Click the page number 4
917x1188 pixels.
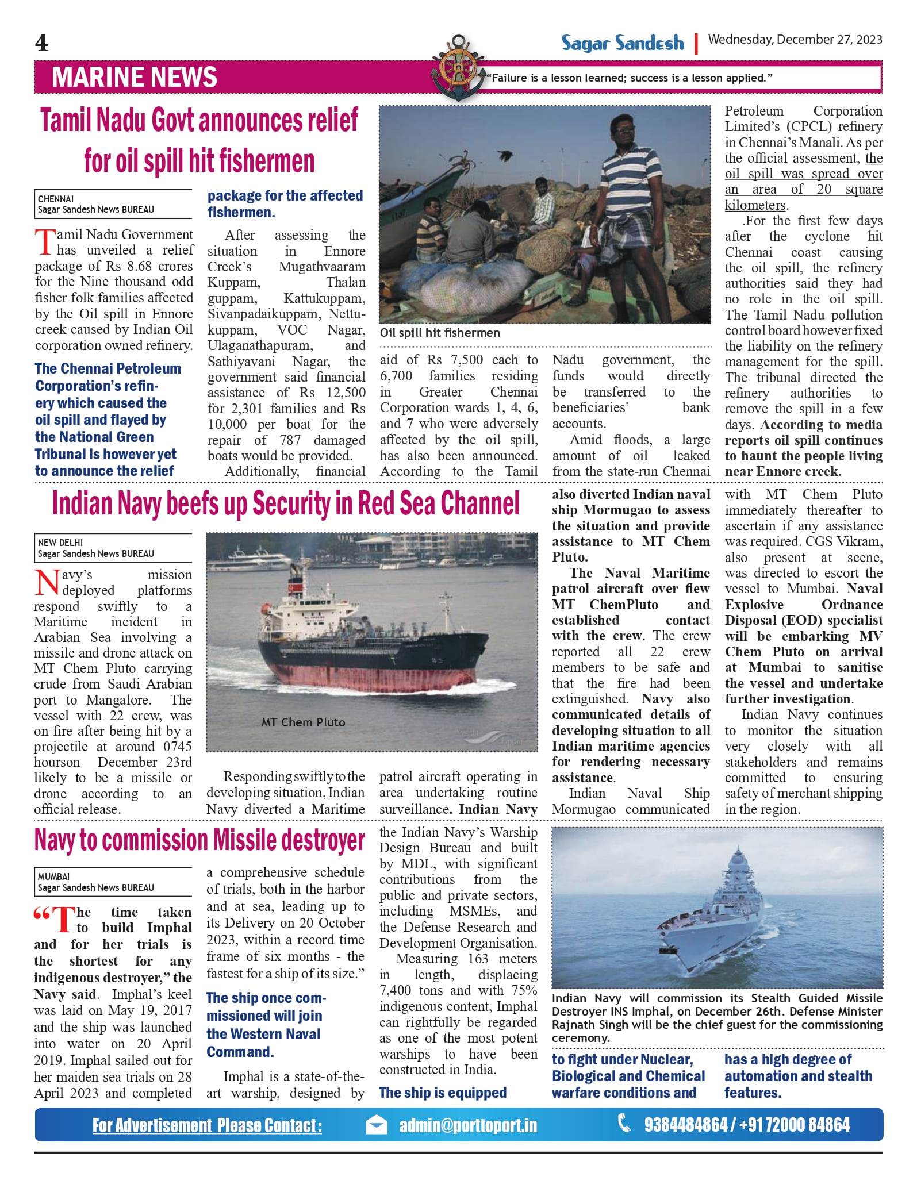tap(42, 43)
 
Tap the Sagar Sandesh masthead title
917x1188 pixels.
tap(623, 43)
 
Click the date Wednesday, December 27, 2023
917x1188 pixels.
tap(795, 39)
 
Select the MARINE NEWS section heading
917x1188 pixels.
tap(135, 78)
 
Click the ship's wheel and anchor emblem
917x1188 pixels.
tap(458, 68)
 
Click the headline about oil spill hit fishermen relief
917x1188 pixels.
tap(199, 140)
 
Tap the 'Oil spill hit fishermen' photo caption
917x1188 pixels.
tap(440, 333)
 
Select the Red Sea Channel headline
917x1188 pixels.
tap(286, 503)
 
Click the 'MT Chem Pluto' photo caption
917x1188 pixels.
tap(303, 722)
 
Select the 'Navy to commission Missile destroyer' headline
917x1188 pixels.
tap(199, 840)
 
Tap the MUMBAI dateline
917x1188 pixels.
tap(53, 876)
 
